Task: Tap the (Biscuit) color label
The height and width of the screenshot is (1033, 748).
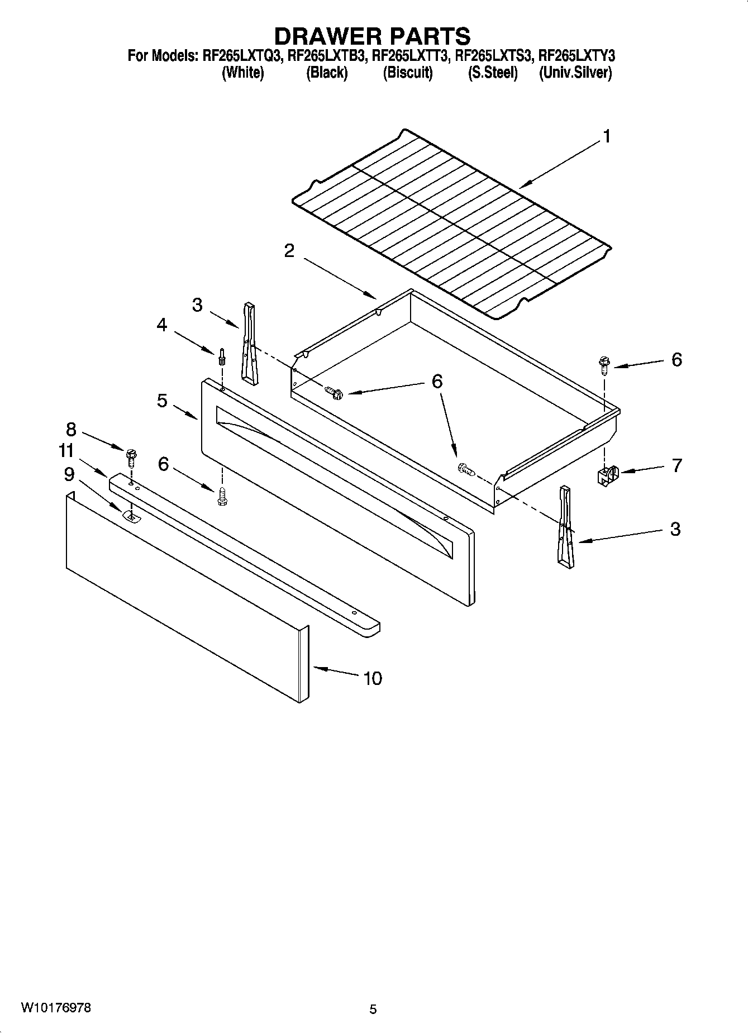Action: [407, 73]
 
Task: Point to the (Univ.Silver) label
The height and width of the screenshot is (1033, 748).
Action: [575, 73]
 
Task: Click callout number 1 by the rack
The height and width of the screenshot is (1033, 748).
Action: [606, 137]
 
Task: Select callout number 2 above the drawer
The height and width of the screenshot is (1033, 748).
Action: [289, 251]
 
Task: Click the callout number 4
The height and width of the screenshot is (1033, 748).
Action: [161, 325]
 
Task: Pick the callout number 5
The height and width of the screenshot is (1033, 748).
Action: [162, 400]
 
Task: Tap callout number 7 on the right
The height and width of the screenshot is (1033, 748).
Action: [676, 465]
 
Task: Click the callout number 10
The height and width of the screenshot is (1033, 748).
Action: [372, 678]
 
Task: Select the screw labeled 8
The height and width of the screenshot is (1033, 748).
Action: [132, 458]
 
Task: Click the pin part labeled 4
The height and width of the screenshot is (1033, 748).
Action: [222, 356]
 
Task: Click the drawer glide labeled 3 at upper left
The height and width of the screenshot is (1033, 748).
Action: [249, 342]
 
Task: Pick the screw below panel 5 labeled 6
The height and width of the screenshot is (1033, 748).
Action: [222, 497]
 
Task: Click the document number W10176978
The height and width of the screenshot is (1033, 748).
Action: [56, 1008]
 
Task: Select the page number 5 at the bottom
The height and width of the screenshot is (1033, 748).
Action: [373, 1009]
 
